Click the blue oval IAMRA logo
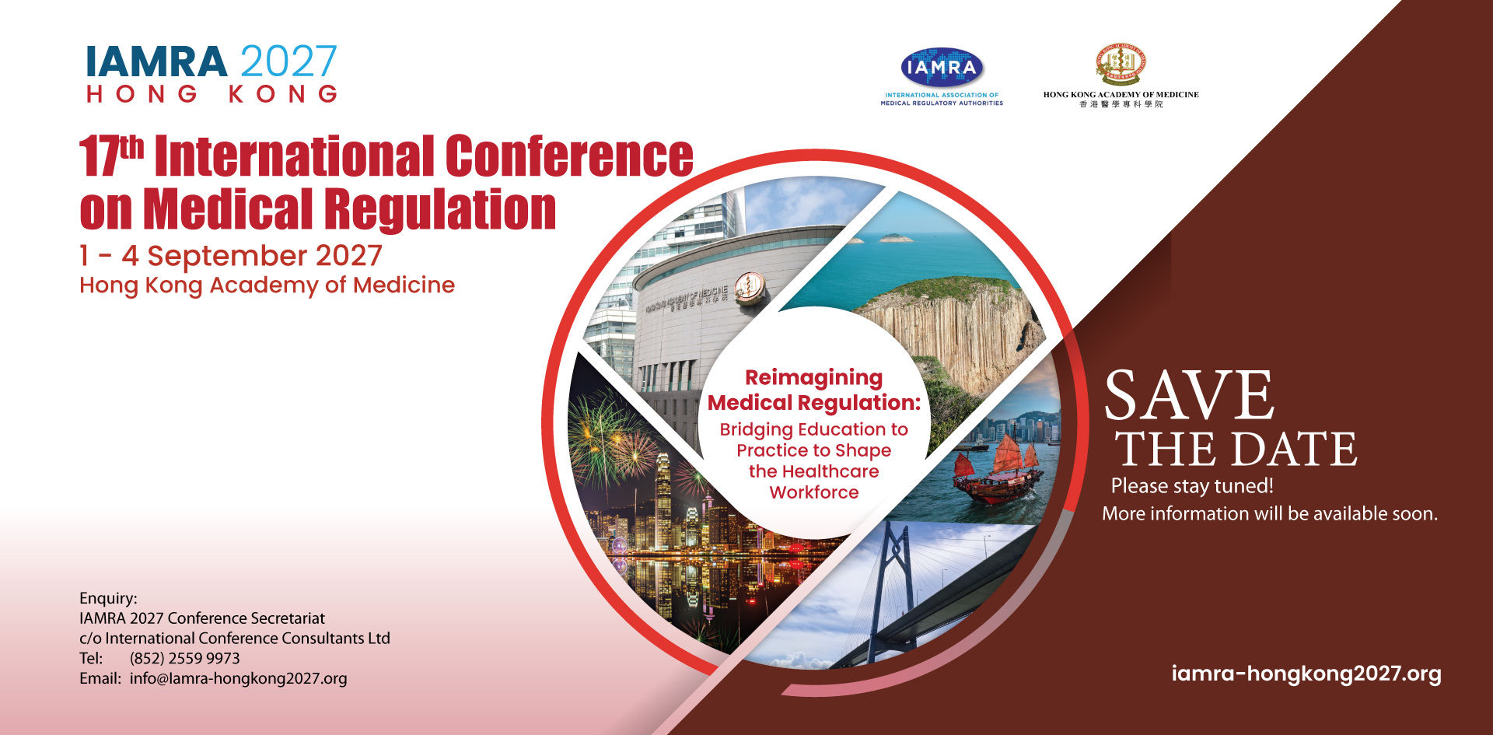tap(942, 68)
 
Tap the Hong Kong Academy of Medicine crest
tap(1121, 64)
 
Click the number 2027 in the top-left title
tap(288, 61)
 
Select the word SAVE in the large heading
tap(1189, 395)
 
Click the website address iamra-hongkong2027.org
tap(1306, 674)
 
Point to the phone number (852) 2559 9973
tap(185, 658)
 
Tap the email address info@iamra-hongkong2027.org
tap(239, 678)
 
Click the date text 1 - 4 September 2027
tap(231, 256)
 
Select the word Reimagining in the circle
tap(814, 378)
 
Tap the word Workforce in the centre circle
tap(814, 492)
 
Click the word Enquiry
tap(108, 598)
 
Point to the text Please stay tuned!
tap(1192, 486)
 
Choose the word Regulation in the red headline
tap(440, 210)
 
